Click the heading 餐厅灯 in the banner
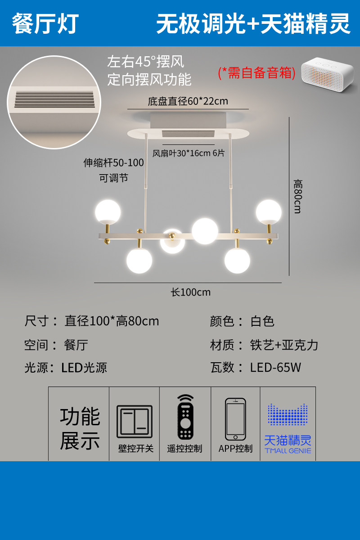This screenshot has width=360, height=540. pos(45,23)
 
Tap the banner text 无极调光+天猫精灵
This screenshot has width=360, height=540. pos(253,23)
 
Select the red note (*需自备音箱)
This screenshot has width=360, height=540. pos(256,73)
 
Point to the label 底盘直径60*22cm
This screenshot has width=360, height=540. pos(188,101)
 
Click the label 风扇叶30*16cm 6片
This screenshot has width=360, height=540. pos(189,153)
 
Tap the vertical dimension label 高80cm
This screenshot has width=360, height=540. pos(297,196)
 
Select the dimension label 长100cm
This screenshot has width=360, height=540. pos(190,292)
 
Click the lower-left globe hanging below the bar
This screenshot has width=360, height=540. pos(139,261)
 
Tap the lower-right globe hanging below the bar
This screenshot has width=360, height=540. pos(237,261)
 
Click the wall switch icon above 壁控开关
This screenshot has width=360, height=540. pos(134,422)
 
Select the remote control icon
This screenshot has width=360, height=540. pos(185,417)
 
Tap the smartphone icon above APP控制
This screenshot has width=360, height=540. pos(235,419)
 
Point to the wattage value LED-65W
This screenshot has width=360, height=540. pos(275,367)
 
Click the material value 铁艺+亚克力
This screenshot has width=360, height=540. pos(284,345)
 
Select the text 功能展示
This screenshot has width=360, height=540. pos(80,428)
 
